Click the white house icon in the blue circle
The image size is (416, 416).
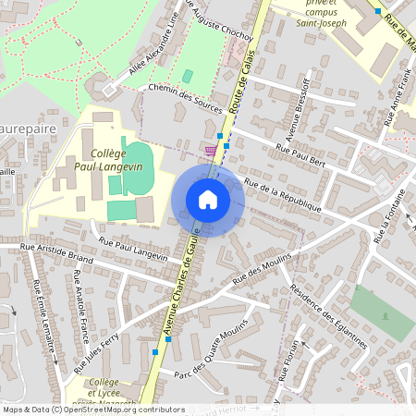click(207, 200)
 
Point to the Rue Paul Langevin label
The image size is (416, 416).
click(133, 251)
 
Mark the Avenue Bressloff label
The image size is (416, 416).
click(302, 115)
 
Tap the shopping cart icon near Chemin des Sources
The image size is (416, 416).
click(211, 149)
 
